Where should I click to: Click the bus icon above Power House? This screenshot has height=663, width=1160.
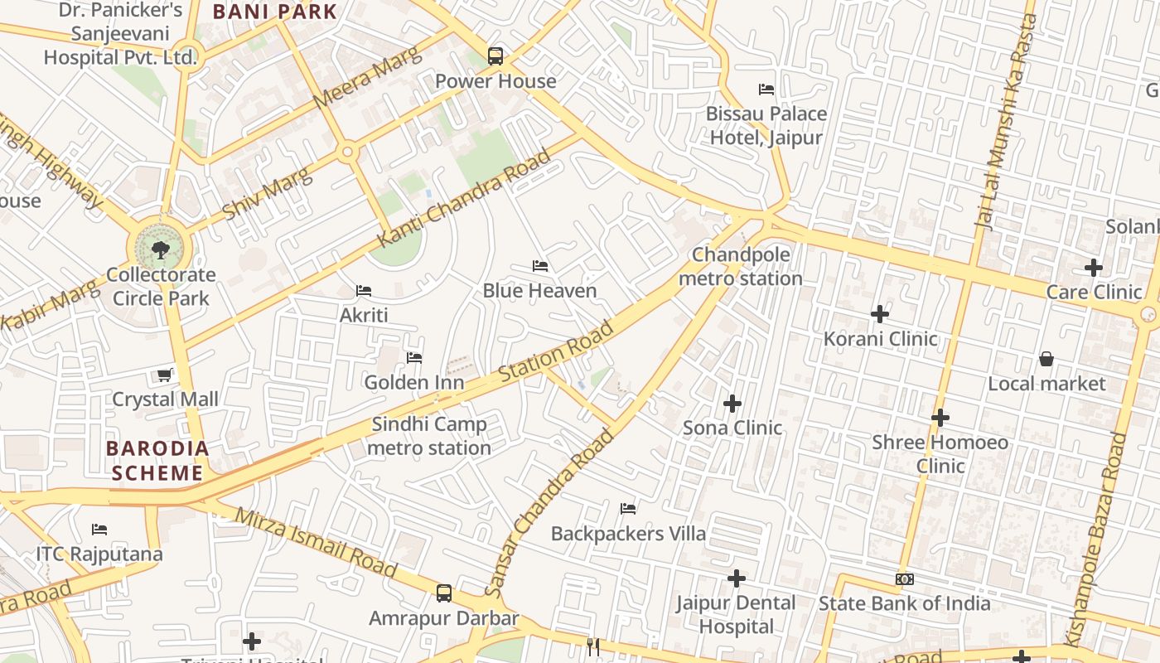coord(495,56)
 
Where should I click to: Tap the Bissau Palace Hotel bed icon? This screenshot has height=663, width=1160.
coord(766,89)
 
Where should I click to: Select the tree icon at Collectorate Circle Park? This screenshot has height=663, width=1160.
coord(160,249)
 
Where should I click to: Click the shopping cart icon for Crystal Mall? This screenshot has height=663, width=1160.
coord(165,375)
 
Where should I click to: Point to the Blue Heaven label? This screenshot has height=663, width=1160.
coord(539,291)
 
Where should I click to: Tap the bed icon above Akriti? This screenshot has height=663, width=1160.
coord(363,290)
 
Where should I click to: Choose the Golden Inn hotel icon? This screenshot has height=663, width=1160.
coord(414,357)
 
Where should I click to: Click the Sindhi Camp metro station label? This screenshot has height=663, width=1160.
coord(429,436)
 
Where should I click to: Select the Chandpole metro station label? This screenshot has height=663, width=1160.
coord(741,266)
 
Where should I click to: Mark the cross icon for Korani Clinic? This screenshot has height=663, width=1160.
coord(880,314)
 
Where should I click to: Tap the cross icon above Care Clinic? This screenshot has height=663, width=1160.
coord(1094,268)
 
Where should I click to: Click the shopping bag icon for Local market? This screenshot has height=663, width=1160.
coord(1046,359)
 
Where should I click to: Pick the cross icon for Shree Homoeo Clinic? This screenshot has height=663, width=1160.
coord(940,418)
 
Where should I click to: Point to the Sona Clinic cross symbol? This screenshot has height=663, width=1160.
coord(732,404)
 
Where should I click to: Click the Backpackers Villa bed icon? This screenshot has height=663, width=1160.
coord(628,508)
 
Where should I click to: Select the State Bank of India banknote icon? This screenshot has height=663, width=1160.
coord(904,579)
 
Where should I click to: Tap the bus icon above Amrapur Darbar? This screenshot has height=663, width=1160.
coord(444,593)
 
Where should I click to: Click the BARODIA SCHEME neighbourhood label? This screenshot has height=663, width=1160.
coord(157,461)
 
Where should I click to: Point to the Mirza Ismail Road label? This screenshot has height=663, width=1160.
coord(316,542)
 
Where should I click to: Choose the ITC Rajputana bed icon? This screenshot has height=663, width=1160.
coord(99,529)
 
